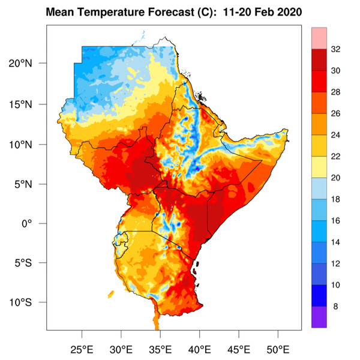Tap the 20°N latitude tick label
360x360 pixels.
click(x=30, y=64)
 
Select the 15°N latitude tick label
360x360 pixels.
click(x=30, y=104)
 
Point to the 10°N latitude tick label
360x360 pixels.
click(x=30, y=145)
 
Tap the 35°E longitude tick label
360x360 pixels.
click(x=160, y=349)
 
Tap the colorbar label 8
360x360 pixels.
click(x=335, y=306)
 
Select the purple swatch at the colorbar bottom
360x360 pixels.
click(x=319, y=317)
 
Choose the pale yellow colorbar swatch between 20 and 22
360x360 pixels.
click(x=319, y=167)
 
